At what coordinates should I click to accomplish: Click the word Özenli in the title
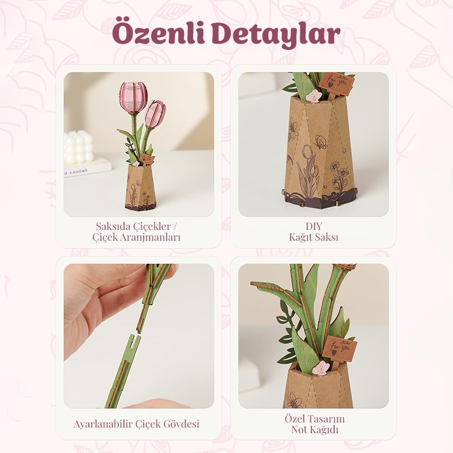tap(159, 32)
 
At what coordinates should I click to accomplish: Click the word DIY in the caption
tap(314, 226)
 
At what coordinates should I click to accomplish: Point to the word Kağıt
tap(301, 237)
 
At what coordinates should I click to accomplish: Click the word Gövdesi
tap(181, 424)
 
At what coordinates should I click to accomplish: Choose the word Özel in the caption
tap(295, 418)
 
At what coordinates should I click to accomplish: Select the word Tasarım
tap(327, 419)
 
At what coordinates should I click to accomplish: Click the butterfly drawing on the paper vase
tap(320, 142)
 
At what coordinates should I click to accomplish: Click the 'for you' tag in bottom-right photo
tap(340, 349)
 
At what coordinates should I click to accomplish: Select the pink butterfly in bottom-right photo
tap(321, 368)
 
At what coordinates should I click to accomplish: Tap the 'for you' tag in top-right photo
tap(336, 82)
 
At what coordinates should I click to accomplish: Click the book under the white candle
tap(87, 168)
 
